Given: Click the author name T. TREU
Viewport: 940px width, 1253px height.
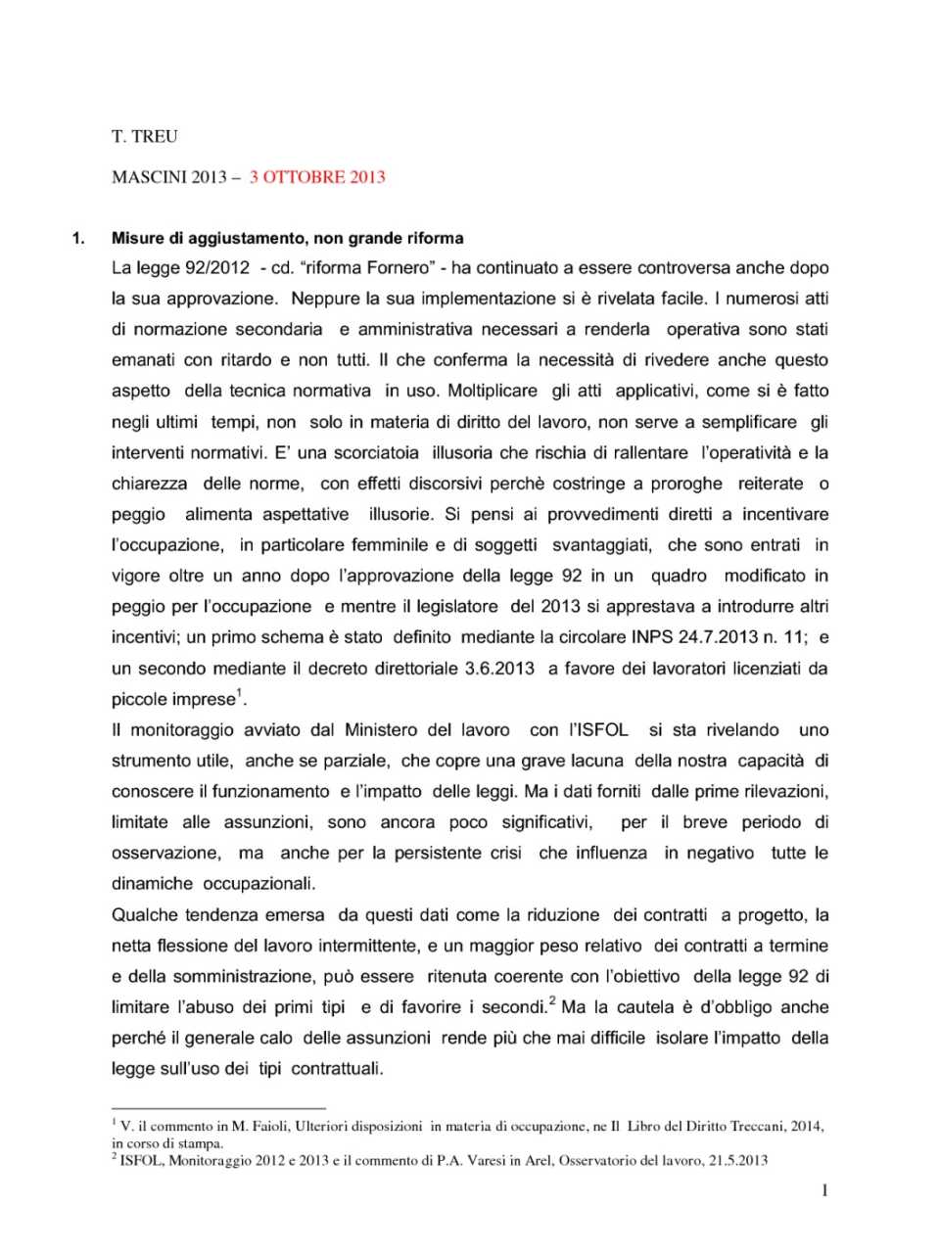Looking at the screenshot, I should click(145, 137).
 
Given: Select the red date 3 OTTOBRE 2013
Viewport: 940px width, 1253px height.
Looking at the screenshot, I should click(317, 177).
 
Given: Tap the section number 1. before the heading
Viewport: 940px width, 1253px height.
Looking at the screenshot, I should click(79, 238).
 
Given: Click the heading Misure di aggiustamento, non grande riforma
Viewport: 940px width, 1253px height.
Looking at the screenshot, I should click(288, 238).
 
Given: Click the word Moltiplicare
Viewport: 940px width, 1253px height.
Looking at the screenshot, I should click(493, 391).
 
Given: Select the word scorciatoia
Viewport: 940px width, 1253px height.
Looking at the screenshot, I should click(376, 452).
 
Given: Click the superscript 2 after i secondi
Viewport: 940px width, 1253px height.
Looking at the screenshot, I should click(552, 1001).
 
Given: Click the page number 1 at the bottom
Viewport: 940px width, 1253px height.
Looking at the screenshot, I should click(824, 1190).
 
